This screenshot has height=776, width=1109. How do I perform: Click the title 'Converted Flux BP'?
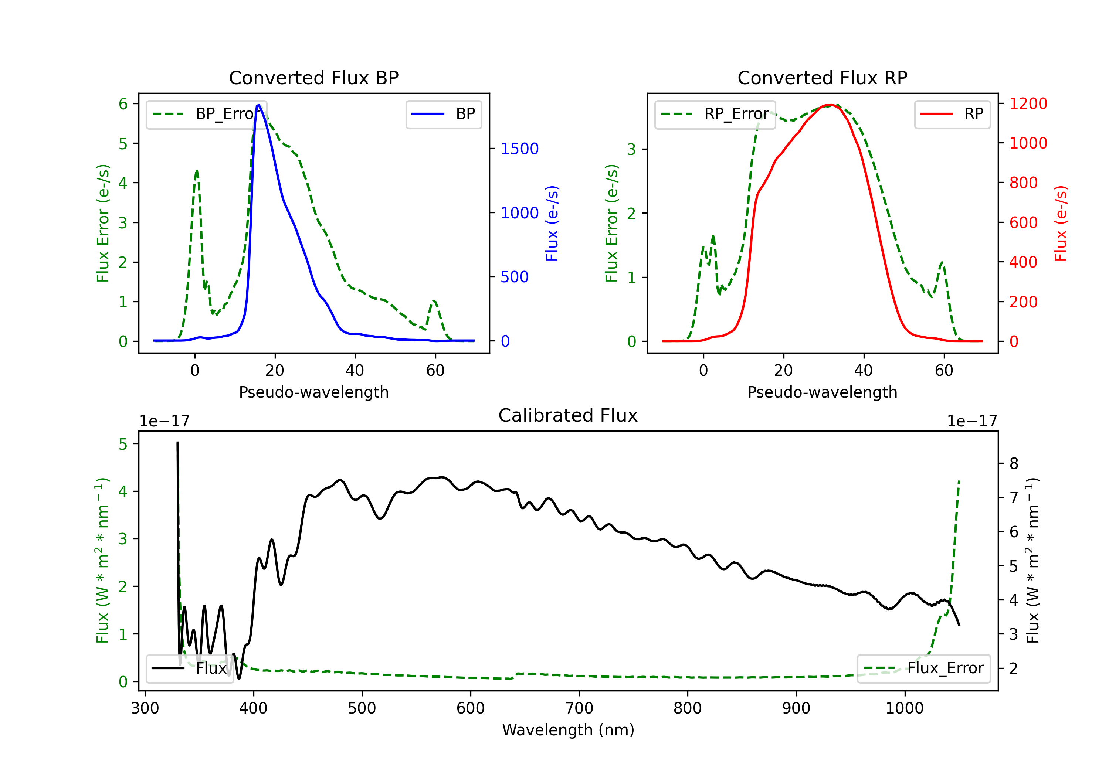click(x=313, y=78)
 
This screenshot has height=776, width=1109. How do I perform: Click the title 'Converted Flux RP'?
click(x=822, y=78)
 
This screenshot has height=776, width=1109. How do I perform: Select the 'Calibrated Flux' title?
click(x=568, y=415)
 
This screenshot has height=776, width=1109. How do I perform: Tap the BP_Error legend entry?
click(x=206, y=114)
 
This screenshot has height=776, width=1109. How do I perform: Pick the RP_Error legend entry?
click(x=715, y=114)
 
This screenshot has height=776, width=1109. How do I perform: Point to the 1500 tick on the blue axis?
click(x=520, y=149)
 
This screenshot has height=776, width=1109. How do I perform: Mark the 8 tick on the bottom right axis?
click(x=1014, y=464)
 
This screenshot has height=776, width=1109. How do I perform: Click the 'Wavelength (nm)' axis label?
click(x=568, y=730)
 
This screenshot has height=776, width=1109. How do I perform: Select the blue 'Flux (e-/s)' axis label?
click(x=552, y=223)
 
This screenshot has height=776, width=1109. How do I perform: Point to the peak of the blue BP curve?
click(x=258, y=105)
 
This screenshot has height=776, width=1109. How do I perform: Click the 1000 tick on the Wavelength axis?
click(x=904, y=708)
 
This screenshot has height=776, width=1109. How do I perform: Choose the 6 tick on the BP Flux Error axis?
click(x=123, y=104)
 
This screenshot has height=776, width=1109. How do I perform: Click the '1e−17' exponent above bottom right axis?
click(x=972, y=421)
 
